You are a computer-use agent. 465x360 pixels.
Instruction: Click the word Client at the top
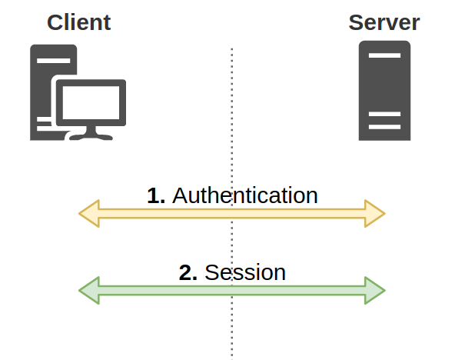78,22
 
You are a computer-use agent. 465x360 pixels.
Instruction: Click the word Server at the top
384,22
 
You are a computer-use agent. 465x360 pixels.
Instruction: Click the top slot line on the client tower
47,61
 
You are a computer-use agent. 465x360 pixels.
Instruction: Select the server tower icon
384,91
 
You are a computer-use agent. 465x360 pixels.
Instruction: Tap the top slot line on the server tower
384,56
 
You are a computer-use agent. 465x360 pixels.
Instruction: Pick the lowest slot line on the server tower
384,126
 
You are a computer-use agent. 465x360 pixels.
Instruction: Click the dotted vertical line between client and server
231,154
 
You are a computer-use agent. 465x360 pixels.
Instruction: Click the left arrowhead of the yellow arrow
88,213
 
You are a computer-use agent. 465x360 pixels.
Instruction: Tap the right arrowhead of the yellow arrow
375,213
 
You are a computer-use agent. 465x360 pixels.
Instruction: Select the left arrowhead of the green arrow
88,290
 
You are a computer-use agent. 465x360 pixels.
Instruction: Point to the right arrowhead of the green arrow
375,290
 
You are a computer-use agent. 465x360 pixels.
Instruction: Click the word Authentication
244,195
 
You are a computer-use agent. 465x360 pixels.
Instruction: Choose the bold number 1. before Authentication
156,195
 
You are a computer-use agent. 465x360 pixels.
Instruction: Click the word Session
245,272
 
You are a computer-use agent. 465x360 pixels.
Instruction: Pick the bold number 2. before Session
188,272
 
